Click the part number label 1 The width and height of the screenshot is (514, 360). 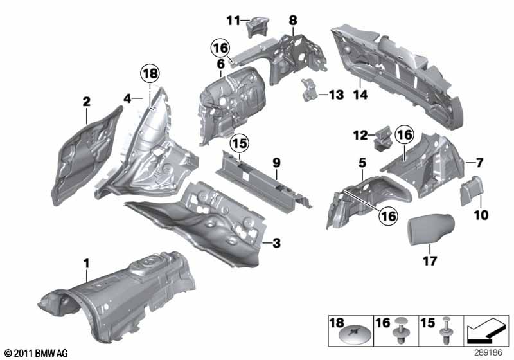coord(86,264)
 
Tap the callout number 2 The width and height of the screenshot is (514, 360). coord(86,102)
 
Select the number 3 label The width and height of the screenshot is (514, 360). coord(277,243)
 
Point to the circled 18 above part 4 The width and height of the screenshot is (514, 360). coord(150,73)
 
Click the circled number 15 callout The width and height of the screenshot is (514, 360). coord(240,143)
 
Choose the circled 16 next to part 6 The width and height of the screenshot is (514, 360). coord(220,48)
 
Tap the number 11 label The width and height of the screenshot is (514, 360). coord(233,21)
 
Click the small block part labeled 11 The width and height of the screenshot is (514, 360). coord(258,27)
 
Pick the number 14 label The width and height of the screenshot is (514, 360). coord(360,95)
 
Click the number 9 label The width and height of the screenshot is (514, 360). coord(276,163)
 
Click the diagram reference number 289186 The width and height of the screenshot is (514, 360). coord(488,353)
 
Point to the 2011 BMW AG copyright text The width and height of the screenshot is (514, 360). coord(37,353)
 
